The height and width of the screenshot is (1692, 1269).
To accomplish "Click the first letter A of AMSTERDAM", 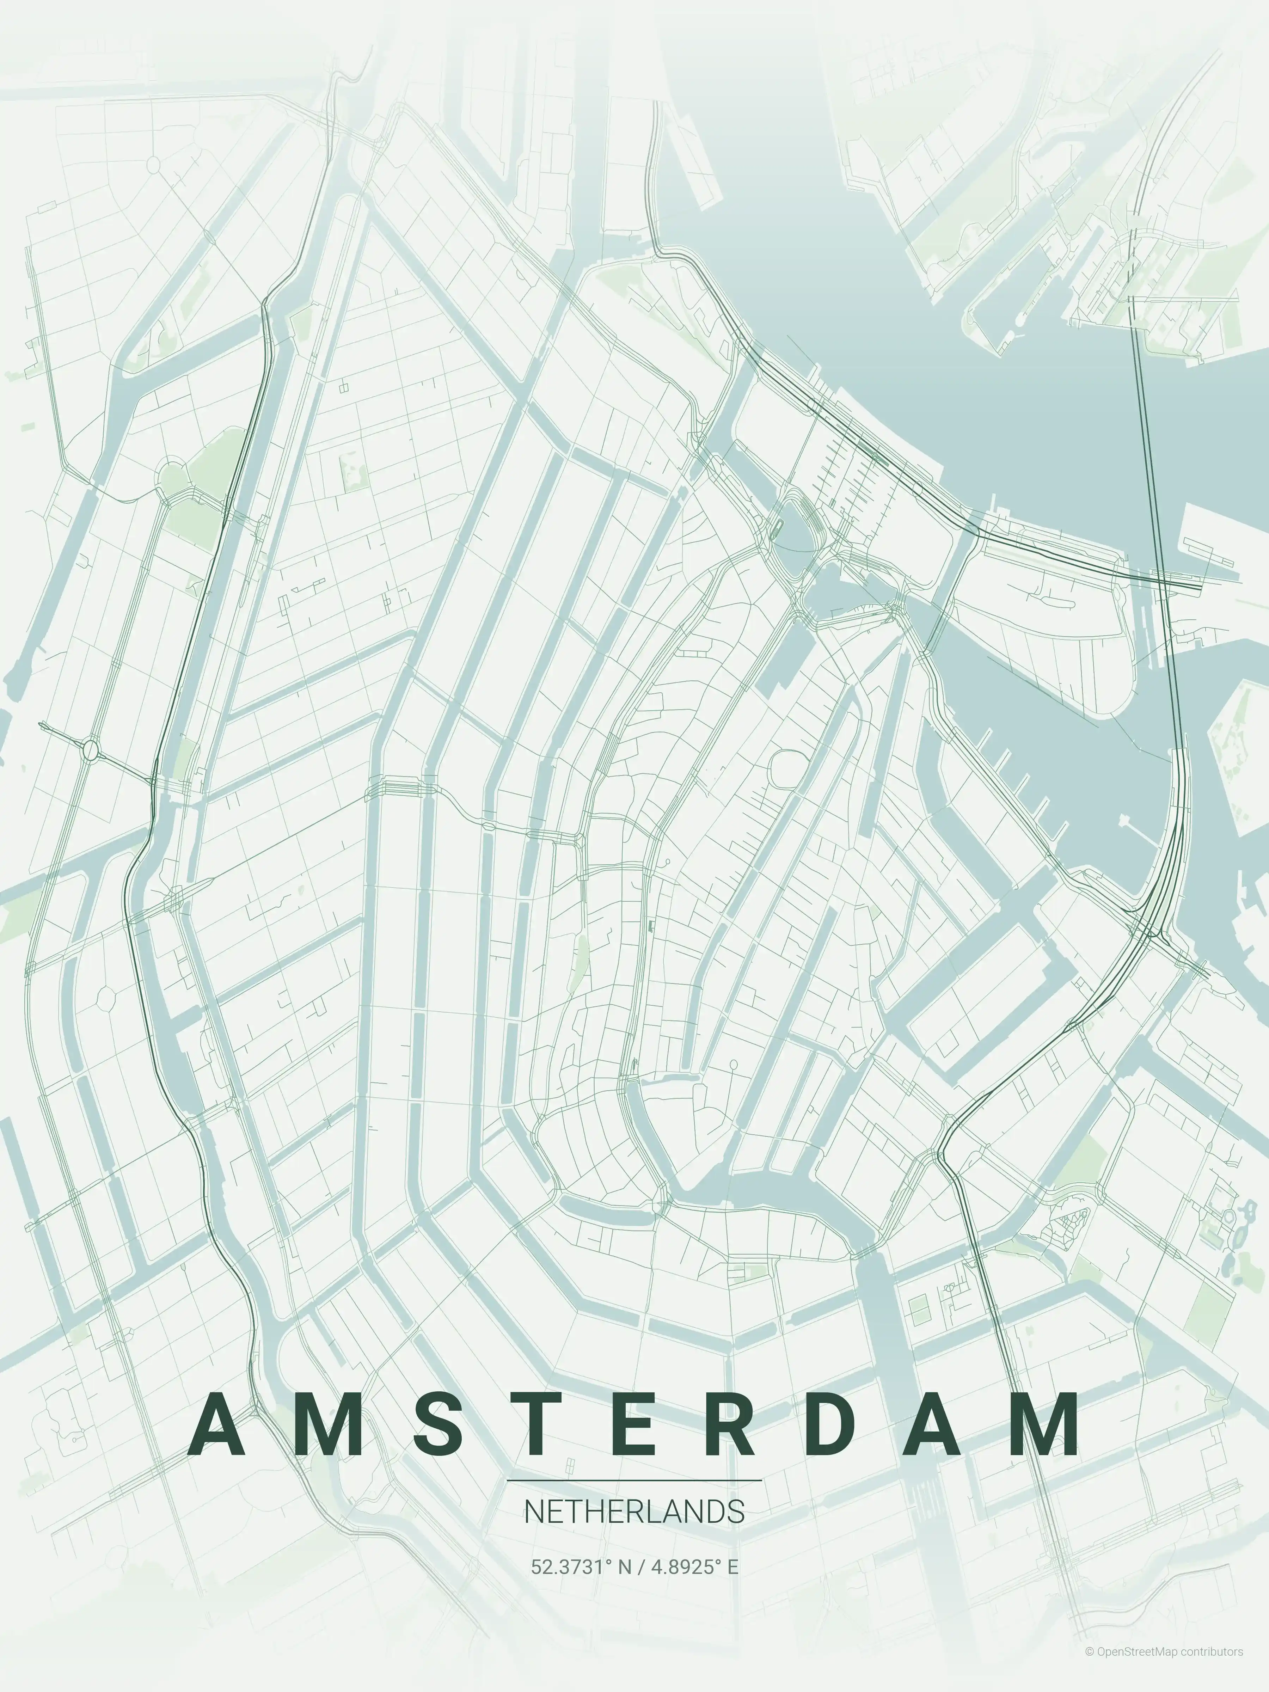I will coord(216,1424).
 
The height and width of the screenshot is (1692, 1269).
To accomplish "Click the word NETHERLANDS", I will coord(634,1512).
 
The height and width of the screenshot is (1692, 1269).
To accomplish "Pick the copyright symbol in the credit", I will coord(1089,1673).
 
